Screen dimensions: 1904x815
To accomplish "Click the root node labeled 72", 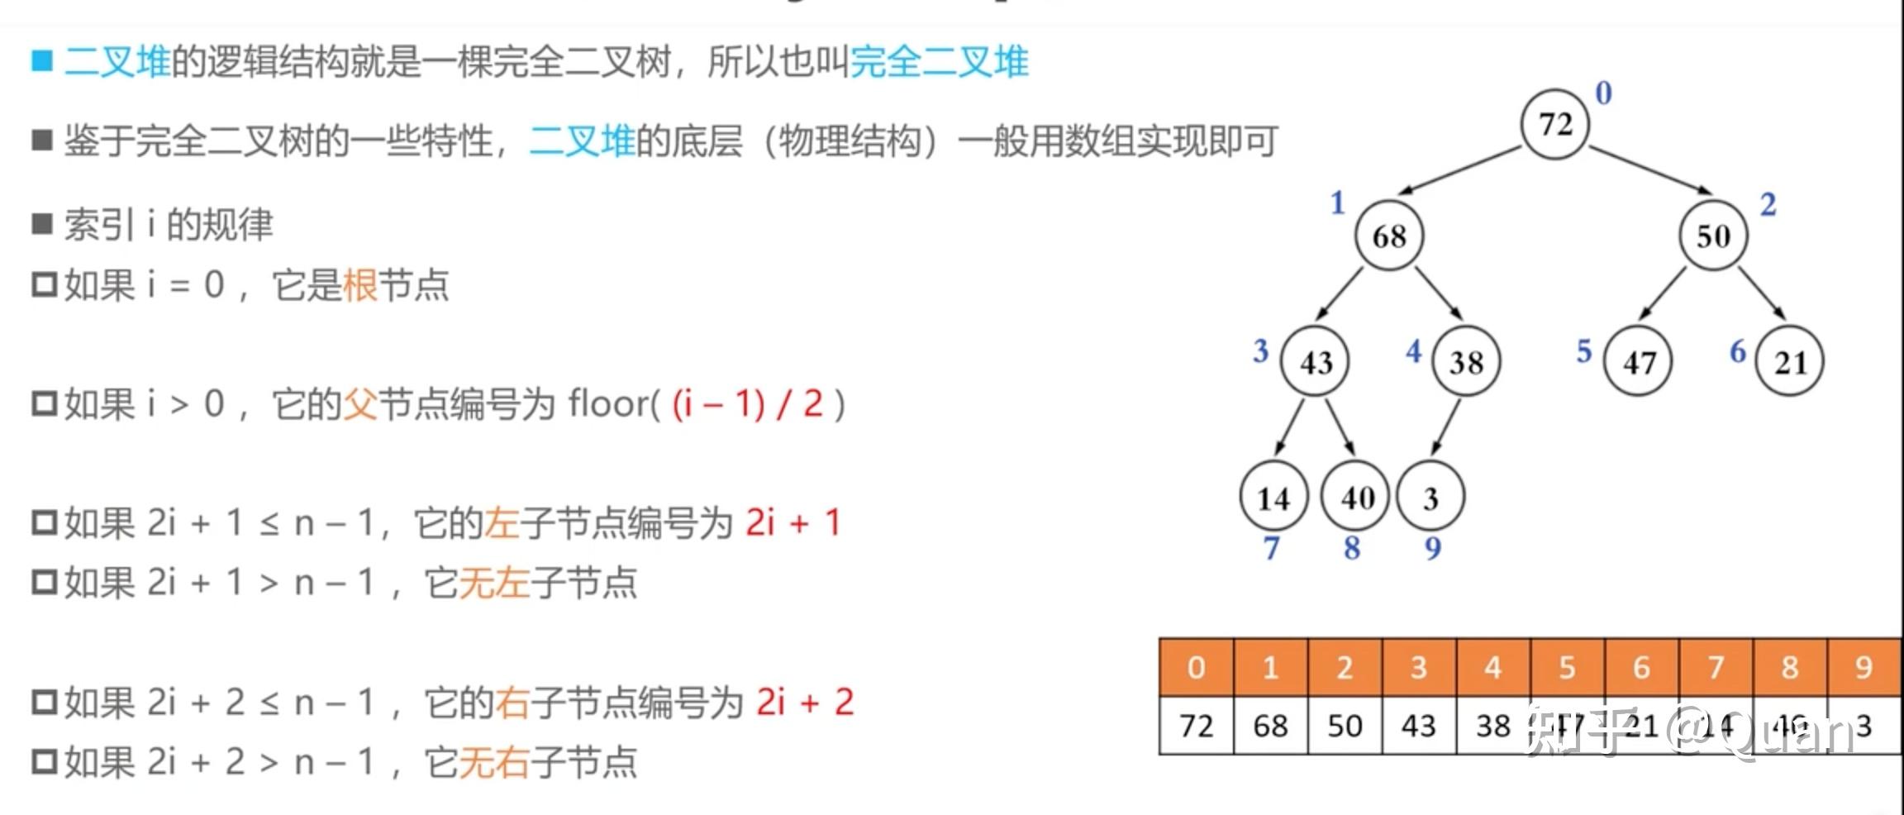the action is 1554,124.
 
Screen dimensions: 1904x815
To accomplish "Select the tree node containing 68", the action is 1389,236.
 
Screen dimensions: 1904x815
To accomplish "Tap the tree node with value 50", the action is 1713,236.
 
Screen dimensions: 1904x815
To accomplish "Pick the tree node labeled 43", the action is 1315,362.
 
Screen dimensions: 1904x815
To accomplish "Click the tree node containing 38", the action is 1466,362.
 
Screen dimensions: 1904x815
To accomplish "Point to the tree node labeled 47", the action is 1638,362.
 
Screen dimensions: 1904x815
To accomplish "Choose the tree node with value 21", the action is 1790,362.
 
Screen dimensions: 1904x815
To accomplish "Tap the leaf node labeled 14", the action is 1273,498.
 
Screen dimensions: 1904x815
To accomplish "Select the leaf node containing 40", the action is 1356,497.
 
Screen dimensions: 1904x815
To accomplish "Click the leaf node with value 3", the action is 1430,498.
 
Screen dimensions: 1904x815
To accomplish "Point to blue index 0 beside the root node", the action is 1603,93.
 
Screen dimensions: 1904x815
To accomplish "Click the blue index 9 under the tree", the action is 1433,547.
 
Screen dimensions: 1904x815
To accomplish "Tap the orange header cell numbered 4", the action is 1492,667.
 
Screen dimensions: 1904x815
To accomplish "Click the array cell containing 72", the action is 1196,726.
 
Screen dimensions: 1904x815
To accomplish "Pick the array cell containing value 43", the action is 1418,726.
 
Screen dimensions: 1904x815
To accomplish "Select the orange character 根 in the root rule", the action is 359,285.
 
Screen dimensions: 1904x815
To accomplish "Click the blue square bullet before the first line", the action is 42,61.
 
